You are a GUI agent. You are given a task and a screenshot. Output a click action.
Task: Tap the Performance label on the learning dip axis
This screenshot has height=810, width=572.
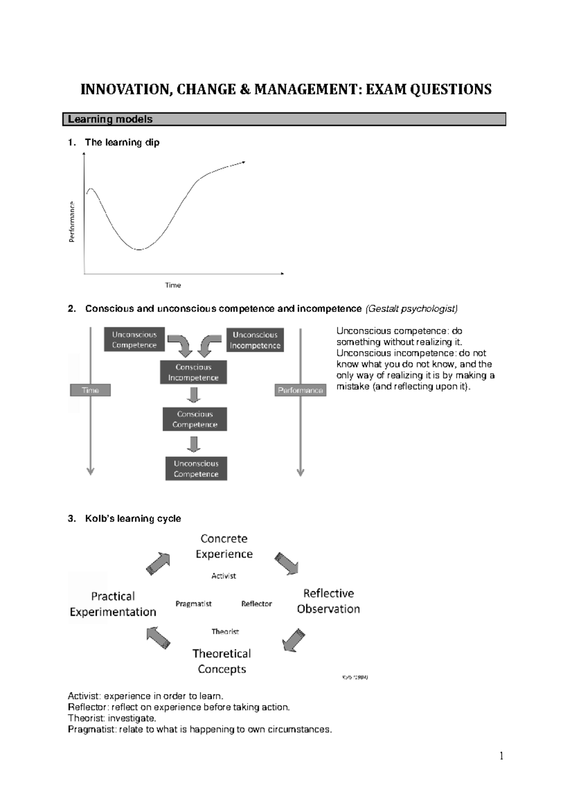point(72,222)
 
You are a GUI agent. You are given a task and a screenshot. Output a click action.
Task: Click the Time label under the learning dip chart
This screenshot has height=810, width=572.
point(173,285)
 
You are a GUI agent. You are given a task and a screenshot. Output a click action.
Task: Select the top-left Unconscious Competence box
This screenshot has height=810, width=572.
point(134,340)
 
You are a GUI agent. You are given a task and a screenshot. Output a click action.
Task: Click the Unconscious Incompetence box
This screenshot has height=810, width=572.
point(255,340)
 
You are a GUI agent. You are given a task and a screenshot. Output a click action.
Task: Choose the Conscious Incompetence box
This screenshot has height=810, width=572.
point(193,372)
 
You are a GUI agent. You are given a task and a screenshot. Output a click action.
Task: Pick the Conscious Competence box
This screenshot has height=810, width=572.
point(194,419)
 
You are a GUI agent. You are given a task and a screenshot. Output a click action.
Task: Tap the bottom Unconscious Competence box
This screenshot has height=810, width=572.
point(196,468)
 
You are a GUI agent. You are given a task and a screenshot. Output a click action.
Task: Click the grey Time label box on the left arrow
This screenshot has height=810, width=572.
point(90,390)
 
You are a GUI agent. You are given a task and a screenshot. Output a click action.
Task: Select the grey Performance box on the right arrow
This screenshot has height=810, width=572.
point(300,390)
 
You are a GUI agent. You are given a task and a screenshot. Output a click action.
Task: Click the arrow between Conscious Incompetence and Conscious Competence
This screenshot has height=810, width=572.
point(193,395)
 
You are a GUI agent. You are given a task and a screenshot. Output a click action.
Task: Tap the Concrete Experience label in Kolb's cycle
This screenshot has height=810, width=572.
point(224,546)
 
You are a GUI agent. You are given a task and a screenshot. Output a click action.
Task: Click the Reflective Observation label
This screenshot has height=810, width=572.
point(328,601)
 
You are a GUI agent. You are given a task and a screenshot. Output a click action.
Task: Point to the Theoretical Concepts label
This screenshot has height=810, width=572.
point(222,661)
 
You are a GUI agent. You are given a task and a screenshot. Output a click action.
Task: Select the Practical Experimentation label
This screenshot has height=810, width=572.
point(113,604)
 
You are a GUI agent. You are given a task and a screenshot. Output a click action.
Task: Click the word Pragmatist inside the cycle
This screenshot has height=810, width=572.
point(193,604)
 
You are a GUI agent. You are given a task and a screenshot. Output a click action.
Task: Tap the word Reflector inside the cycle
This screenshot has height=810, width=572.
point(256,604)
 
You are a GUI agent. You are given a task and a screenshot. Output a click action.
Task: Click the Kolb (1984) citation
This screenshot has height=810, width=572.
point(355,677)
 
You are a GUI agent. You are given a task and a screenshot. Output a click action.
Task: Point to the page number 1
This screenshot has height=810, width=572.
point(501,756)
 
